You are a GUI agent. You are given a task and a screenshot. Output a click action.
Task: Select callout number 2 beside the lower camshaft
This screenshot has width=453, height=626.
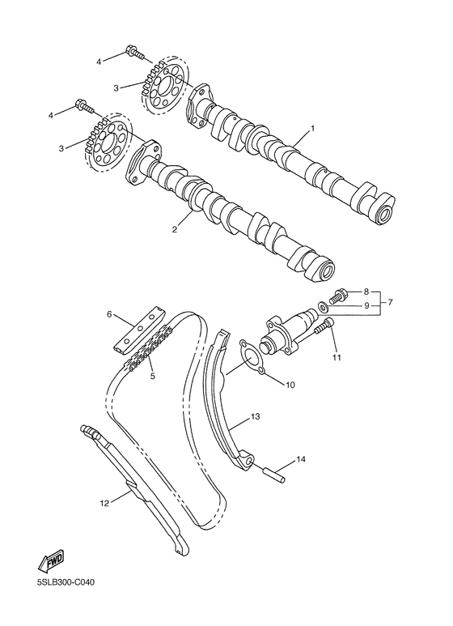(173, 229)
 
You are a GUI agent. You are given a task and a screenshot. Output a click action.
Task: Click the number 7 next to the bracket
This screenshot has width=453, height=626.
(390, 302)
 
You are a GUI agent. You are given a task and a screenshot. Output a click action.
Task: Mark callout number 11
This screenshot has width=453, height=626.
(336, 356)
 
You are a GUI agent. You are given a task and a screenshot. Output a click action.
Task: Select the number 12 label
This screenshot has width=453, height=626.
(104, 503)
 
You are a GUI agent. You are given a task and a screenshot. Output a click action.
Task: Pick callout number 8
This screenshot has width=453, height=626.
(366, 291)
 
